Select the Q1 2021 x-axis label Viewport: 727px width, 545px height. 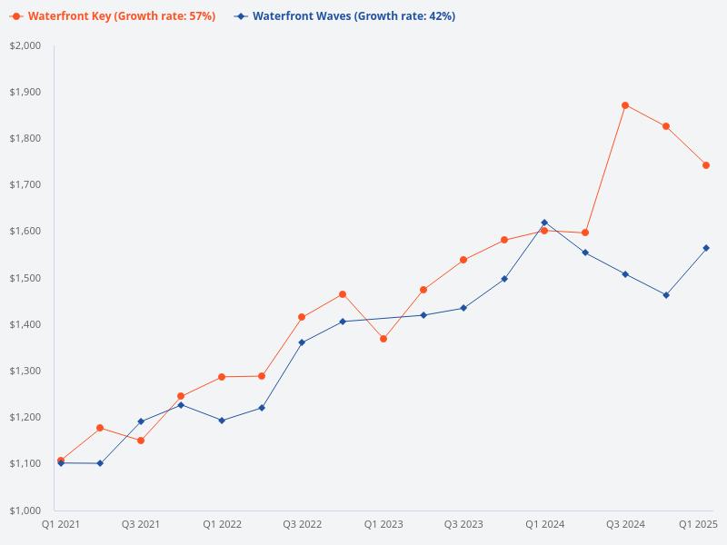tap(61, 524)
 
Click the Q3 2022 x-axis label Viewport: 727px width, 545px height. tap(303, 524)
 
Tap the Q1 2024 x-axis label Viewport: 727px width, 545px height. tap(544, 524)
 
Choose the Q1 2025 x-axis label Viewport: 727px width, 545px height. tap(699, 524)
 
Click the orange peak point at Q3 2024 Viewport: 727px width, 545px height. tap(625, 105)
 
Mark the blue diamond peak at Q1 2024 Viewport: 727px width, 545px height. tap(544, 223)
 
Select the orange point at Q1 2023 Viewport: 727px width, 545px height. tap(383, 339)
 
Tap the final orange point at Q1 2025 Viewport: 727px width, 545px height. tap(706, 165)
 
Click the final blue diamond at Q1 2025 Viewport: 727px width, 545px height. tap(706, 248)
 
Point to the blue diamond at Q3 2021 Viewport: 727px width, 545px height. tap(141, 421)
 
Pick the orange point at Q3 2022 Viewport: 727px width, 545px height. tap(303, 317)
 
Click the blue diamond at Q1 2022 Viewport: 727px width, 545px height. tap(222, 421)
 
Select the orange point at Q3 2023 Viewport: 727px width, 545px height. tap(463, 260)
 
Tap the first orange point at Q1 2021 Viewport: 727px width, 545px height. tap(61, 461)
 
